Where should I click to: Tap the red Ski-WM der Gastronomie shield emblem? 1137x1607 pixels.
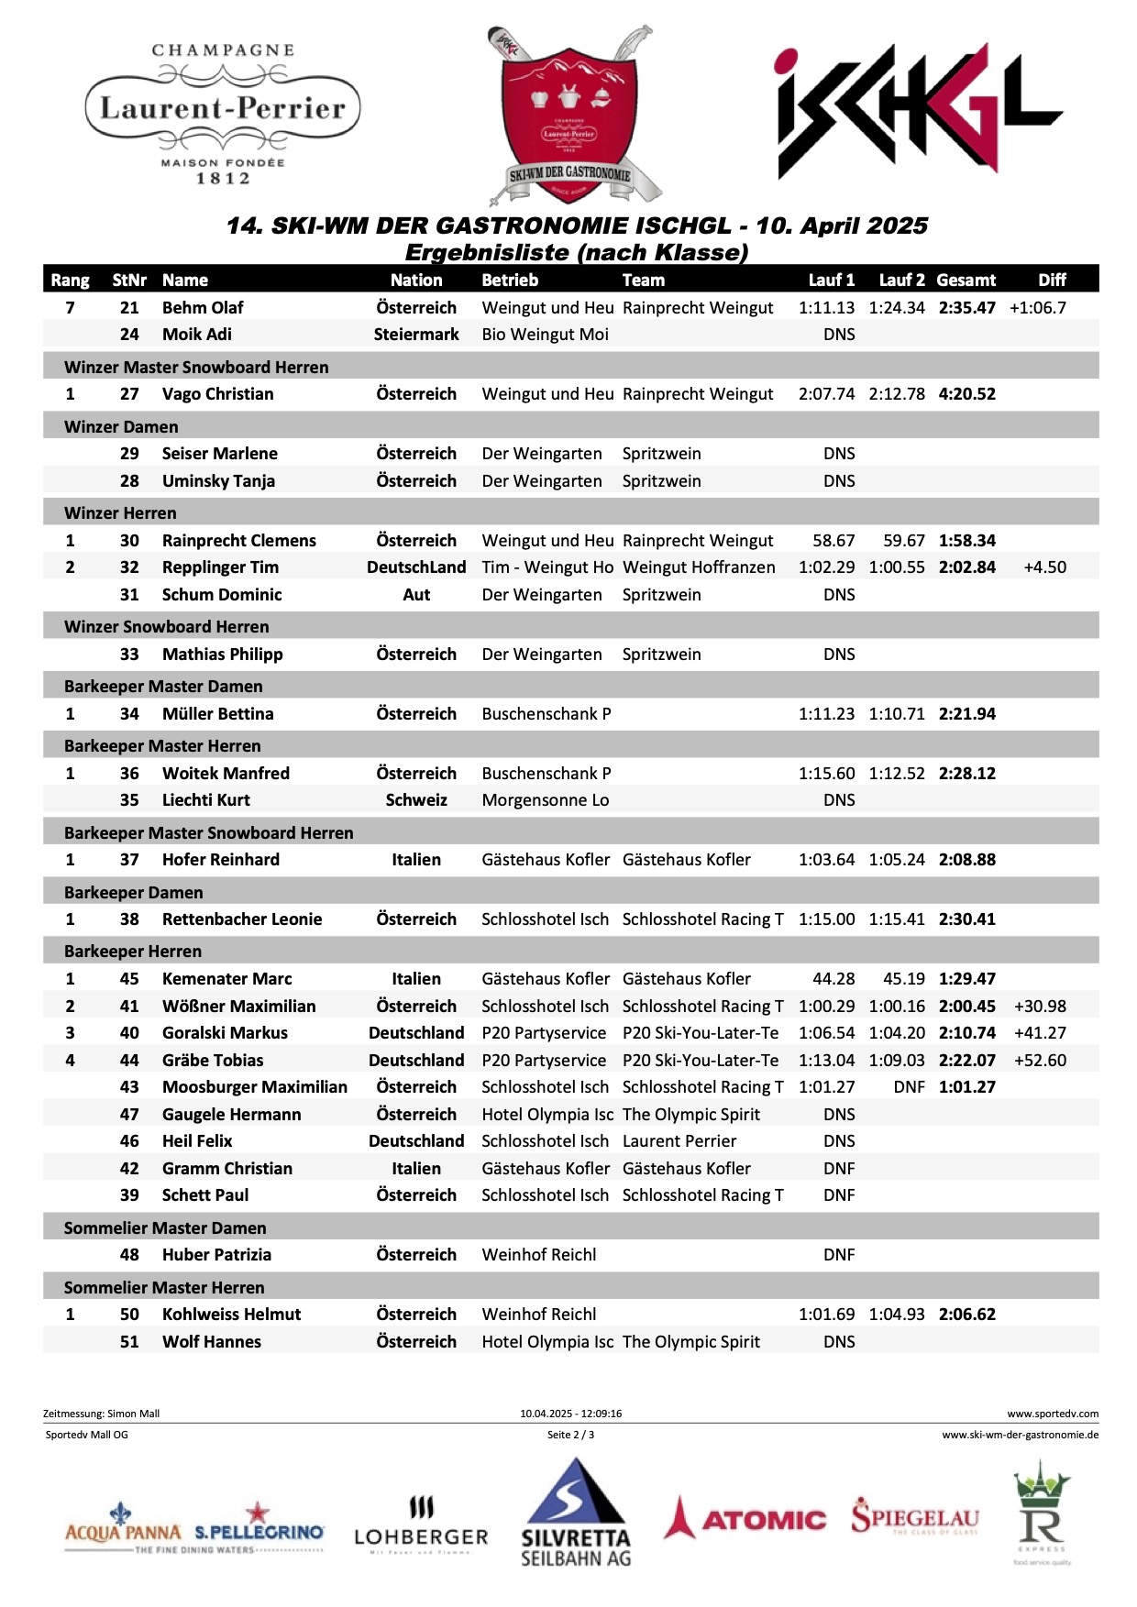pyautogui.click(x=569, y=115)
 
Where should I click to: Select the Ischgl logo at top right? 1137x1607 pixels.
pyautogui.click(x=917, y=110)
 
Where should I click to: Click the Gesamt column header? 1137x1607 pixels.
pyautogui.click(x=966, y=281)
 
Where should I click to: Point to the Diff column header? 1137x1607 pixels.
pyautogui.click(x=1052, y=281)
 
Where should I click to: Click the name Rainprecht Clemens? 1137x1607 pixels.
pyautogui.click(x=238, y=541)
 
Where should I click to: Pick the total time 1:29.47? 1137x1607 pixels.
pyautogui.click(x=966, y=979)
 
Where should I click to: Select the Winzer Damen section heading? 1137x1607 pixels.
pyautogui.click(x=121, y=427)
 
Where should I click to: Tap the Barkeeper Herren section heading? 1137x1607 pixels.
pyautogui.click(x=133, y=952)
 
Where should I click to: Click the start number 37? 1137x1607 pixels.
pyautogui.click(x=129, y=860)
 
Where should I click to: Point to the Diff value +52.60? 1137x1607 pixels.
pyautogui.click(x=1040, y=1061)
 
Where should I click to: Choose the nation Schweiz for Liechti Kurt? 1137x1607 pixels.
pyautogui.click(x=416, y=800)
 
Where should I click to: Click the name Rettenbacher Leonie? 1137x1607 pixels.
pyautogui.click(x=242, y=919)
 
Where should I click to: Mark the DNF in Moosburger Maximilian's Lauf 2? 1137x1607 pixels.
pyautogui.click(x=909, y=1087)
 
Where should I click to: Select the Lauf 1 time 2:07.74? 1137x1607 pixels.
pyautogui.click(x=826, y=394)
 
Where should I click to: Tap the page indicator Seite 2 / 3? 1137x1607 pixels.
pyautogui.click(x=570, y=1435)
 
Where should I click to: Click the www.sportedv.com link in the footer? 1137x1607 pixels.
pyautogui.click(x=1052, y=1414)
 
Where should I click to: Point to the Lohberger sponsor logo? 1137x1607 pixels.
pyautogui.click(x=421, y=1526)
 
